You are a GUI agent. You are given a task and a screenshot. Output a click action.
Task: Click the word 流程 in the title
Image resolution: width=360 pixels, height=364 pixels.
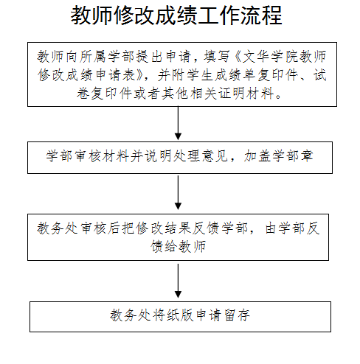[x=261, y=15]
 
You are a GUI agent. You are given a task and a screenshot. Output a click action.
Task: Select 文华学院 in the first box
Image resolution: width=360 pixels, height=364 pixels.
[x=270, y=57]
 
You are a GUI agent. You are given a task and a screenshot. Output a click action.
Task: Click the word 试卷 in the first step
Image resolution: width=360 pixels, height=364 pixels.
[x=319, y=75]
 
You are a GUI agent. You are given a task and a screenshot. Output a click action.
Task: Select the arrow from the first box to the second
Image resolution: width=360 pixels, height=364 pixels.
[x=178, y=123]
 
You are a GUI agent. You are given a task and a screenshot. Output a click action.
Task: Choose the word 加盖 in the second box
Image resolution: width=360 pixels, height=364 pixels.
[x=257, y=155]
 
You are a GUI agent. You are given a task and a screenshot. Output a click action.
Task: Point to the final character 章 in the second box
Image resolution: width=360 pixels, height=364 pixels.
[x=306, y=155]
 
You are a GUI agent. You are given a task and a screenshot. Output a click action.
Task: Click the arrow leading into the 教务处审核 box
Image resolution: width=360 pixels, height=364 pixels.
[x=178, y=192]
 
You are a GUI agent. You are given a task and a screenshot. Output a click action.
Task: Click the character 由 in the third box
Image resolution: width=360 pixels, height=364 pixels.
[x=271, y=228]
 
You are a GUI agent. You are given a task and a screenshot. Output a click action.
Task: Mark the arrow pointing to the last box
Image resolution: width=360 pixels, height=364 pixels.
[x=178, y=281]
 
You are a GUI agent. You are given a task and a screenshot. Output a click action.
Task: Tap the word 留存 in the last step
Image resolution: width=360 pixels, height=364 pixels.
[x=237, y=315]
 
